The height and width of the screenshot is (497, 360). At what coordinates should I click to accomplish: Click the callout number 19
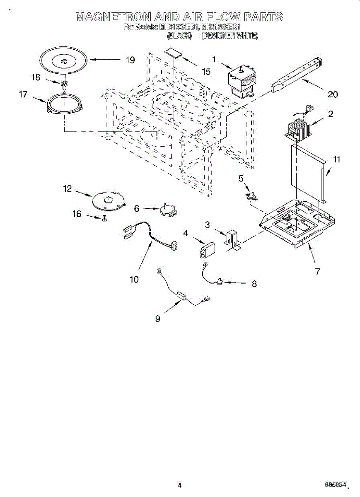(x=130, y=60)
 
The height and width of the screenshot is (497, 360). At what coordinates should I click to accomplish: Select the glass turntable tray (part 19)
(x=63, y=61)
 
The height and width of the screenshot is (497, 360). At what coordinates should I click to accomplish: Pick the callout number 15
(x=206, y=72)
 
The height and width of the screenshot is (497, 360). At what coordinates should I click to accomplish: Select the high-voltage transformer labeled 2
(x=298, y=128)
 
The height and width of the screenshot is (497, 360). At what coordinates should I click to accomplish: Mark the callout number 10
(x=134, y=280)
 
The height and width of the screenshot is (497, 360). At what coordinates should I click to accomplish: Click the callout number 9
(x=157, y=318)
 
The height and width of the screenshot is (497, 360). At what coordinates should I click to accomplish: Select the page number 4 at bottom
(x=179, y=485)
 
